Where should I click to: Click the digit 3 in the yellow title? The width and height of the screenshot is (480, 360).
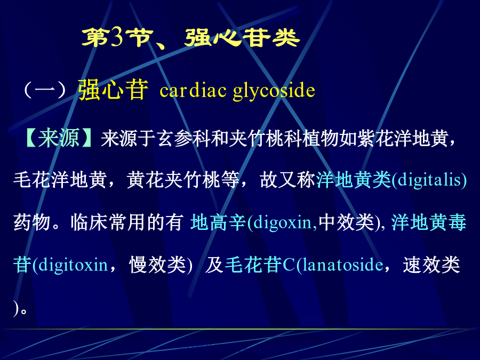pos(117,38)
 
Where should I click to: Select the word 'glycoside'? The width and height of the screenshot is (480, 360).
pos(274,91)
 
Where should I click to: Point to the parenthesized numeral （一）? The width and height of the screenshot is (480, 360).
pos(45,90)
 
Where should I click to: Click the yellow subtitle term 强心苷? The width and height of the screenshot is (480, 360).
pos(113,90)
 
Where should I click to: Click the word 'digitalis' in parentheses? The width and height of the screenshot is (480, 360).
pos(429,180)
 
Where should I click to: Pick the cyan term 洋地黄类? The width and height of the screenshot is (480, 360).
pos(354,179)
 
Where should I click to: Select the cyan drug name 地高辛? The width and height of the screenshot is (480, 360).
pos(218,222)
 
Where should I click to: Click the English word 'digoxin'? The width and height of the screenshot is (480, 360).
pos(283,223)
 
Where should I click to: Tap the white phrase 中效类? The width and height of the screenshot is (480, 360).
pos(347,222)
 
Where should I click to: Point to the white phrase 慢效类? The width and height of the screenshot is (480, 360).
pos(157,265)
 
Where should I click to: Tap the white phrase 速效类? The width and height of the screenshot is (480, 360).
pos(431,265)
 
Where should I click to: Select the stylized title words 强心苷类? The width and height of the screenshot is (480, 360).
pos(242,38)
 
